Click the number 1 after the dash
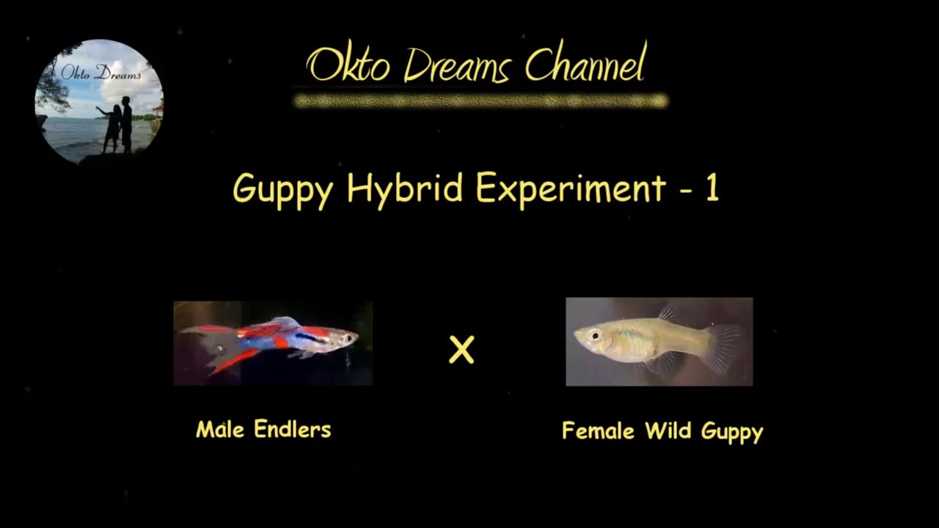[x=711, y=188]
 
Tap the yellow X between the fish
[x=461, y=351]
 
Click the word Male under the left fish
[x=220, y=429]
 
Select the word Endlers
[x=293, y=429]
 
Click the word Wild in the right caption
[x=668, y=430]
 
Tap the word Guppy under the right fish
[x=732, y=432]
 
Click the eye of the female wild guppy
[x=593, y=336]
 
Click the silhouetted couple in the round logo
[x=117, y=125]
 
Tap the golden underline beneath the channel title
[x=481, y=100]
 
